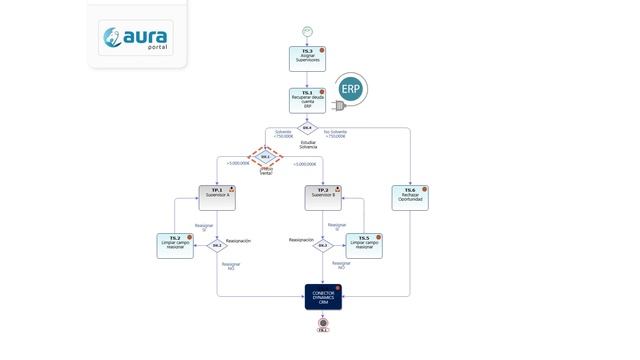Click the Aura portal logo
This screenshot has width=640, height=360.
[x=137, y=39]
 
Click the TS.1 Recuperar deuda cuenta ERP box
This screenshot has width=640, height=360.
[x=308, y=100]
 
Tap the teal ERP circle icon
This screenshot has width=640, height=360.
[x=351, y=89]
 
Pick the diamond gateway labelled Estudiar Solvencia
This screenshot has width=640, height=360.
[x=308, y=129]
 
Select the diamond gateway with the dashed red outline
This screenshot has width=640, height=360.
[x=266, y=157]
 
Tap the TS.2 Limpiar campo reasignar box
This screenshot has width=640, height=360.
[x=175, y=245]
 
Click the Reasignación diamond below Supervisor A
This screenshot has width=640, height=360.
[x=217, y=245]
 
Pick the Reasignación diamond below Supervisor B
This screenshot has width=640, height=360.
[x=323, y=245]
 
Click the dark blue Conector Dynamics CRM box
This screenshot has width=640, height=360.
[x=323, y=298]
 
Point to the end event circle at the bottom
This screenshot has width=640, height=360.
[x=323, y=323]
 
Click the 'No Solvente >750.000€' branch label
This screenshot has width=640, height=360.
[x=337, y=134]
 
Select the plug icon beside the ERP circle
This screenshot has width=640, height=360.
[x=338, y=105]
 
